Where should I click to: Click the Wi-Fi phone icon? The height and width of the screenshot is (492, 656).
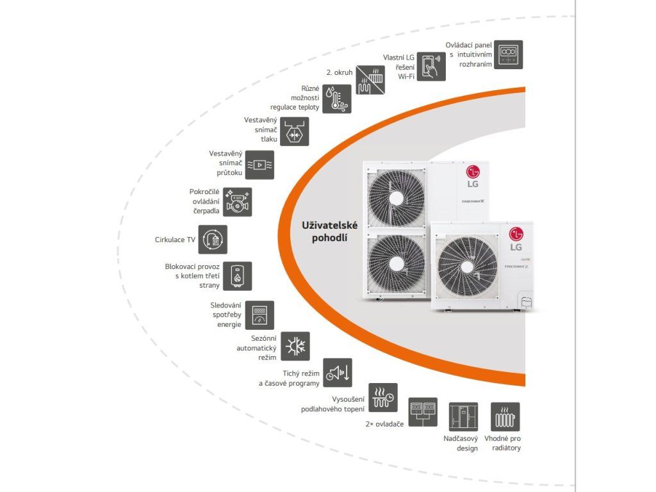click(432, 65)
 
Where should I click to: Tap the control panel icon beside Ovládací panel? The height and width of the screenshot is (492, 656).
click(508, 54)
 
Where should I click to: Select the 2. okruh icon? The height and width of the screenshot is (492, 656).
click(371, 80)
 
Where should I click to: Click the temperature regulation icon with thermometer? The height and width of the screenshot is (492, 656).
click(336, 99)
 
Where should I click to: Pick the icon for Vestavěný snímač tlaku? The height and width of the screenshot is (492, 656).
click(294, 131)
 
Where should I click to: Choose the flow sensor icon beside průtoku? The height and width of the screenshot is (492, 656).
click(259, 165)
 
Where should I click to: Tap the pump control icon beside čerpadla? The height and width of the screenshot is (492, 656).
click(238, 202)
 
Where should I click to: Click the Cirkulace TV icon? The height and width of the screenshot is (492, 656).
click(212, 240)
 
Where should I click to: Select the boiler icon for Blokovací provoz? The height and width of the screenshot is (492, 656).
click(237, 276)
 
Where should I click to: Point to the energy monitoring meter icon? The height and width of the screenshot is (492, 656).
click(259, 315)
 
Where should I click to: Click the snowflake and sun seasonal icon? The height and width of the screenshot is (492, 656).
click(295, 346)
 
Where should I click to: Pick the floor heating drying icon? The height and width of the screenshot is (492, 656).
click(383, 397)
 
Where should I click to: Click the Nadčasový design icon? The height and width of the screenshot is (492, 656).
click(463, 416)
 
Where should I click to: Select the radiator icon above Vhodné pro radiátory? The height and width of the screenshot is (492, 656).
click(505, 416)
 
